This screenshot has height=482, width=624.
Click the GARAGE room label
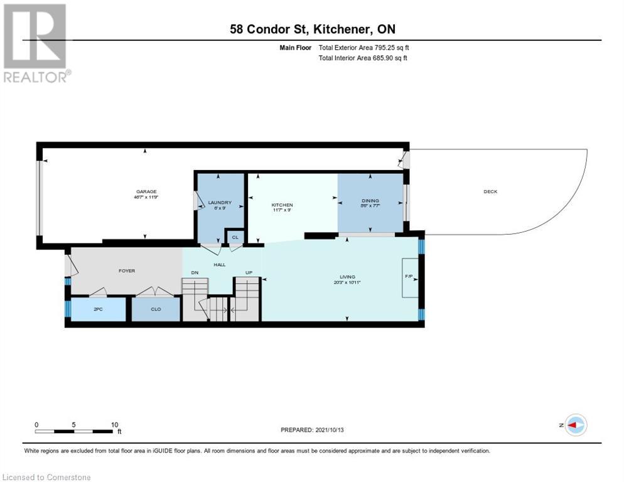[146, 192]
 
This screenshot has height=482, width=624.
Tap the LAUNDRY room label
[220, 202]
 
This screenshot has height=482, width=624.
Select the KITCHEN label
[282, 205]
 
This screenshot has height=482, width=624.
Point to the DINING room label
[370, 201]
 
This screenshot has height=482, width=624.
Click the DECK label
[490, 191]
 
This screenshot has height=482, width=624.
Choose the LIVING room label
[347, 277]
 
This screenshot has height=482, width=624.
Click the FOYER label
[127, 271]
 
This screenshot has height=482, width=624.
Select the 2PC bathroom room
[98, 309]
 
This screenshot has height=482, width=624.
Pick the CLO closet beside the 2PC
[156, 309]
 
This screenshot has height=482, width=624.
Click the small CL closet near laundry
[235, 237]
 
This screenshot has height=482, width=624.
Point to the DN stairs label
[195, 273]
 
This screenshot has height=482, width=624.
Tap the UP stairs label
[248, 273]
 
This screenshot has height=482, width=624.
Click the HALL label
[220, 264]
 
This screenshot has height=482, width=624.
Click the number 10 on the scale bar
[114, 424]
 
